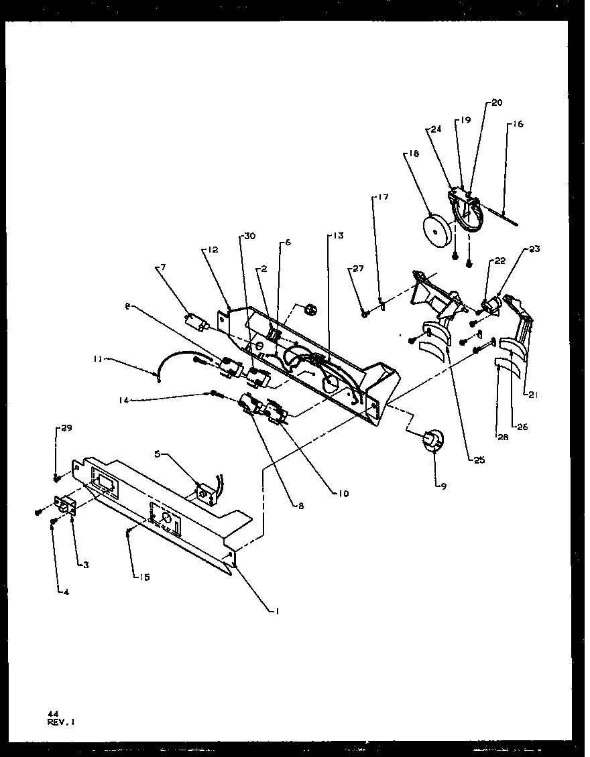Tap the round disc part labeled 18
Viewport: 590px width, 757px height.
click(x=436, y=231)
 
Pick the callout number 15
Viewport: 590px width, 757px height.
click(x=145, y=577)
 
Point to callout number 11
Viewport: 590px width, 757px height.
click(x=98, y=359)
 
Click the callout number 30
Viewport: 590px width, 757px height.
click(x=249, y=236)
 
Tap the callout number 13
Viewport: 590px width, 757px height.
click(x=336, y=235)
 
